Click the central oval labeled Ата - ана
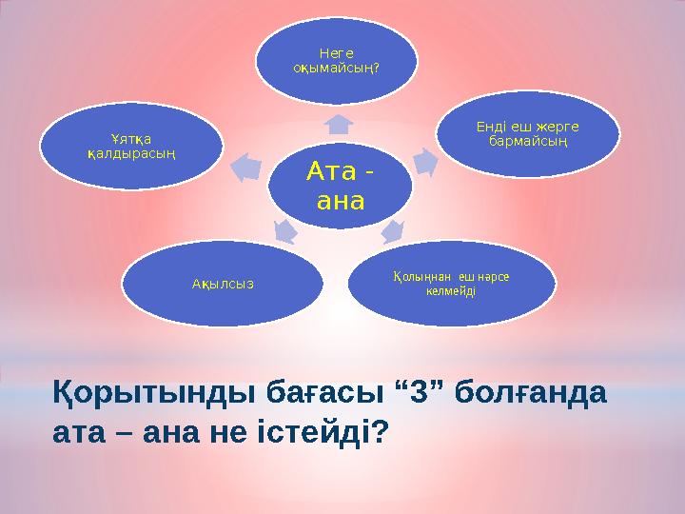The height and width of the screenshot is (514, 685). click(341, 188)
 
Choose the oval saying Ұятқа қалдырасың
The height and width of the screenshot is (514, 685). click(131, 146)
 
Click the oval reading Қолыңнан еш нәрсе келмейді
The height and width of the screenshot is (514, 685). click(450, 283)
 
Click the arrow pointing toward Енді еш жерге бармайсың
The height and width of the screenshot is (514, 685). click(425, 164)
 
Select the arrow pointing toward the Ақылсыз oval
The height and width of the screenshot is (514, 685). click(283, 229)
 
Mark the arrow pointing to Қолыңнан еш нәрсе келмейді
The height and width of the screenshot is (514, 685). click(392, 229)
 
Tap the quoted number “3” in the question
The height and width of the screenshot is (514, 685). click(401, 392)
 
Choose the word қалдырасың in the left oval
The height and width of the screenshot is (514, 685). click(131, 153)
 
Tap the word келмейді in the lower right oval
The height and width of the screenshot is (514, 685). click(450, 289)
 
